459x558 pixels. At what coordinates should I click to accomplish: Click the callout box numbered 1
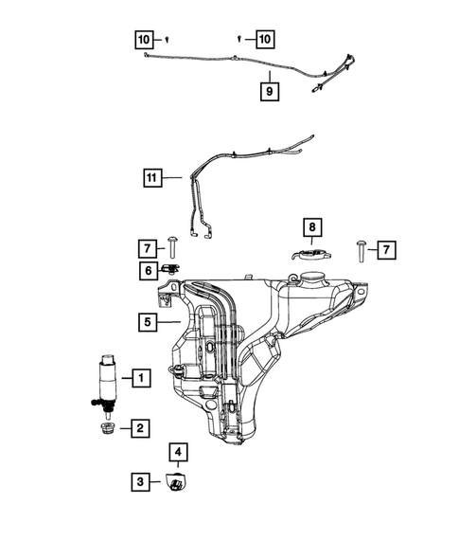click(140, 379)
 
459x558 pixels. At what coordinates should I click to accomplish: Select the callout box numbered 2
click(140, 429)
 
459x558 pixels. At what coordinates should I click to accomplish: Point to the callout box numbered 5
click(147, 321)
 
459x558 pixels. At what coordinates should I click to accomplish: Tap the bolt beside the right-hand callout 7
click(363, 250)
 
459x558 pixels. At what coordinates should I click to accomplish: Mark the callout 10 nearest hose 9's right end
click(264, 39)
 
